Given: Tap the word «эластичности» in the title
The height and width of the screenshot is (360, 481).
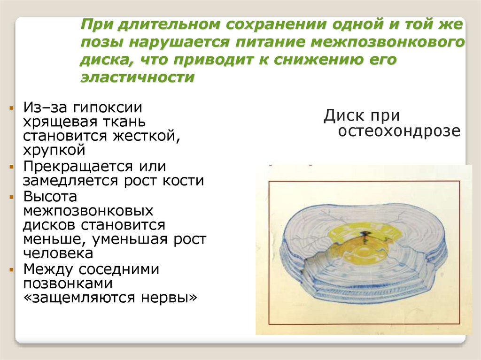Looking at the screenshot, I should [x=137, y=77].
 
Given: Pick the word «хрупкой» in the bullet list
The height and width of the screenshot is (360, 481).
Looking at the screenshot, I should [x=54, y=150].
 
